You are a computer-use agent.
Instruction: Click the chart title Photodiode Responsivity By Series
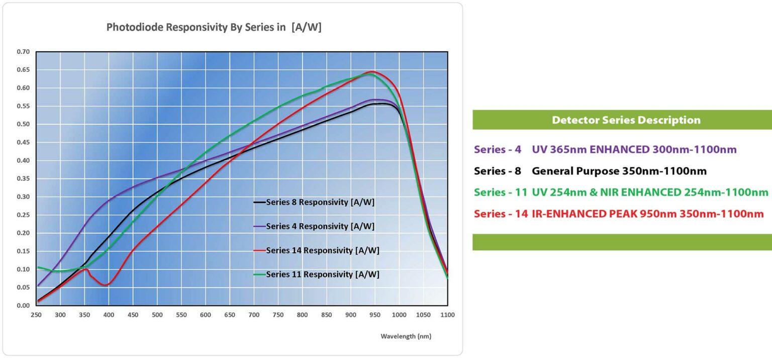[x=214, y=28]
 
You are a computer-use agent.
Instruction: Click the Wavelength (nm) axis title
[x=406, y=336]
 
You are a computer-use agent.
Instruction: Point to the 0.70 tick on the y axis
[x=23, y=52]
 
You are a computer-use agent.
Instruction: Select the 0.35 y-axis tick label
[x=23, y=178]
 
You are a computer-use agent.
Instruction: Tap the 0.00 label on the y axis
[x=23, y=305]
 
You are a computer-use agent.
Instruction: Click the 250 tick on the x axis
[x=36, y=315]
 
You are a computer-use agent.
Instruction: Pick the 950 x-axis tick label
[x=374, y=315]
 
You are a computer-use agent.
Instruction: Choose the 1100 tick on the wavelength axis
[x=447, y=315]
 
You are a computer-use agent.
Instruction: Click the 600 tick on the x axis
[x=205, y=315]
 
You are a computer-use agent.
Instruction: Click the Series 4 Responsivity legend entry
[x=320, y=226]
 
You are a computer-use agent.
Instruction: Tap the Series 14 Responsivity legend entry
[x=322, y=250]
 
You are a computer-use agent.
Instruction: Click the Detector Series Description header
[x=626, y=120]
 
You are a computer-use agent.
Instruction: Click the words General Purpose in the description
[x=575, y=171]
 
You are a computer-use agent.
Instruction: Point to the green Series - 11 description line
[x=621, y=192]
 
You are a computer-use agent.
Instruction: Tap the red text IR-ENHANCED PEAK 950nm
[x=604, y=214]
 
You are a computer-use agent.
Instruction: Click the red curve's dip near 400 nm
[x=105, y=285]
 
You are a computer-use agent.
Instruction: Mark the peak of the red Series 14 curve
[x=372, y=71]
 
